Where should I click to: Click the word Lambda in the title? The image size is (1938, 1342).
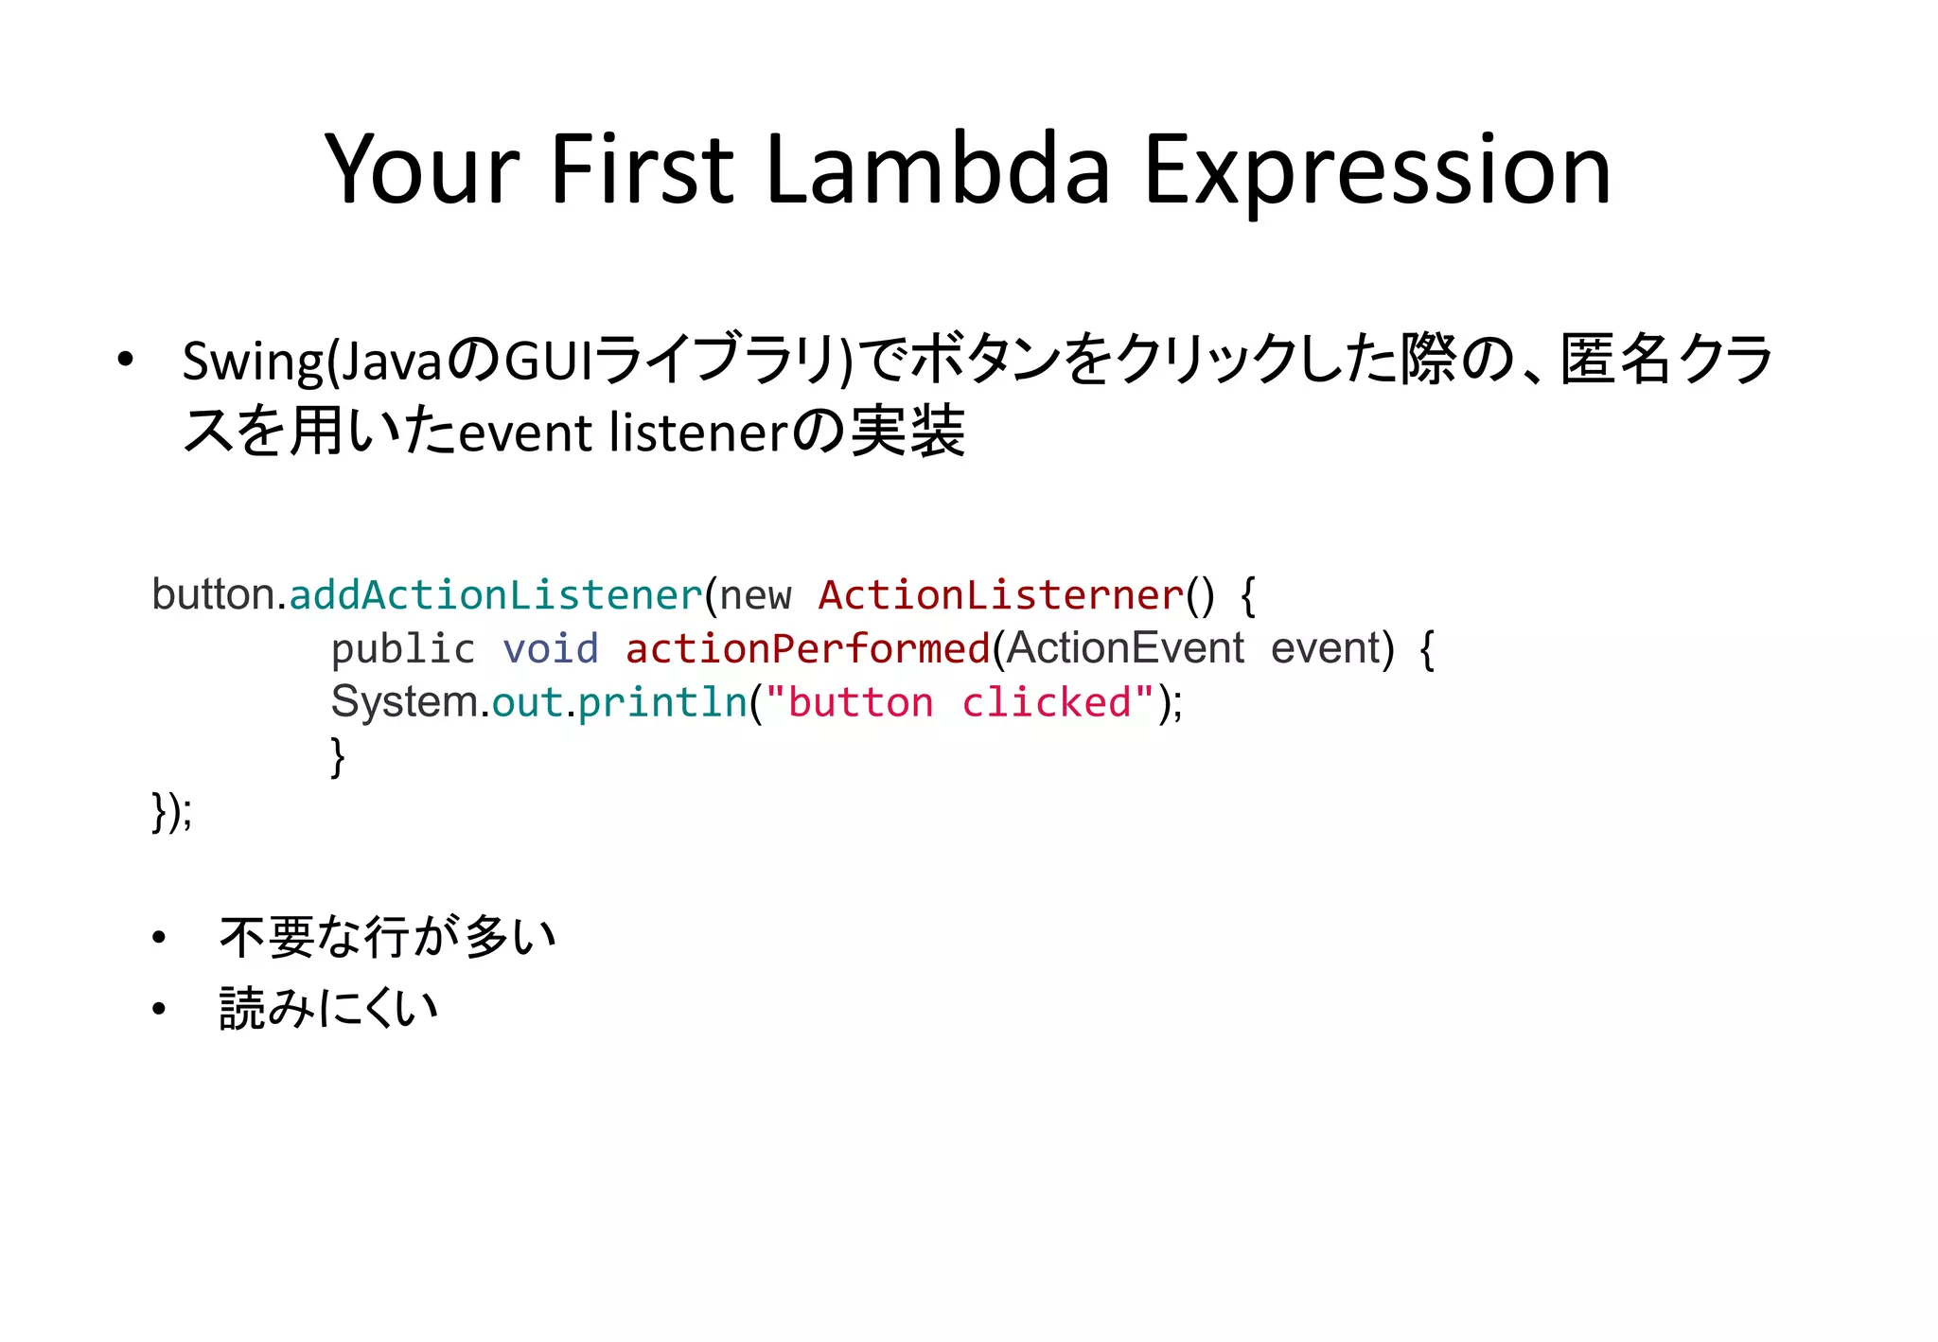point(937,170)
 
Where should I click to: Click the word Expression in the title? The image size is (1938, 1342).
point(1377,170)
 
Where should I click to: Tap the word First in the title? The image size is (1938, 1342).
point(641,170)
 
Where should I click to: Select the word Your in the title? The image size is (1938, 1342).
point(421,170)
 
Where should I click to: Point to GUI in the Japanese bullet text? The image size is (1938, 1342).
point(548,361)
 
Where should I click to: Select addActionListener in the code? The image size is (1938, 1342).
point(496,595)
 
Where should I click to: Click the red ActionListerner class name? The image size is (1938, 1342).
point(1001,595)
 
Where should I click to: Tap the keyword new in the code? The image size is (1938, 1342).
point(755,596)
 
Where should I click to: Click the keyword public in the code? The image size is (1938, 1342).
point(403,649)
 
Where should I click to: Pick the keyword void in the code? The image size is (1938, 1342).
point(550,649)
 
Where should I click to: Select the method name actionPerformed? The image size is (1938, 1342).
point(807,649)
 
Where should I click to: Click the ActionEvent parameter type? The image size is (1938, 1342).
point(1125,649)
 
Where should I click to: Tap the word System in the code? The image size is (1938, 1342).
point(404,702)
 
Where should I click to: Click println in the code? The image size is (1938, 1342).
point(662,703)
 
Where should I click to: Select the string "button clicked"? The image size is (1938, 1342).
point(960,703)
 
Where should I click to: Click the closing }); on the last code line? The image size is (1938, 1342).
point(171,811)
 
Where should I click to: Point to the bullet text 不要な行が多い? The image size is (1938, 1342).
point(387,937)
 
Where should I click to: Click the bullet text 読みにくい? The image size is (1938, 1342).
point(328,1008)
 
